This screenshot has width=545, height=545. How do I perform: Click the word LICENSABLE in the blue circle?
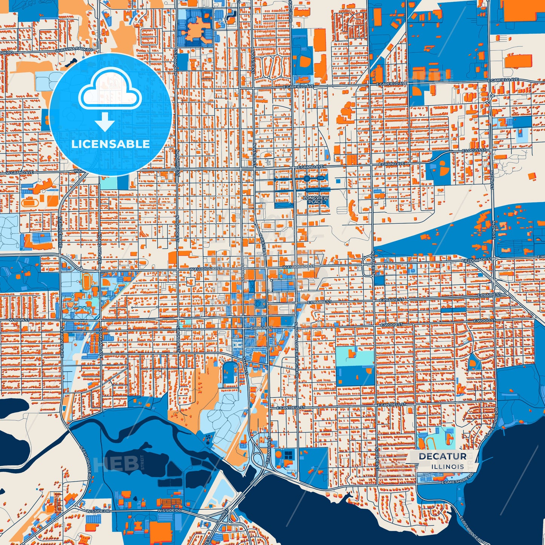point(111,144)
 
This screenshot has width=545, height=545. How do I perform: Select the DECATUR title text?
point(442,456)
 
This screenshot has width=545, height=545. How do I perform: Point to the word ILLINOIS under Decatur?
point(448,467)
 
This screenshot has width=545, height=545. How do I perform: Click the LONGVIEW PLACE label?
point(316,200)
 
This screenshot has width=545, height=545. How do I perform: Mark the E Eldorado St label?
point(478,259)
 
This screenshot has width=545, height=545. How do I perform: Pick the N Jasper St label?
point(373,263)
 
